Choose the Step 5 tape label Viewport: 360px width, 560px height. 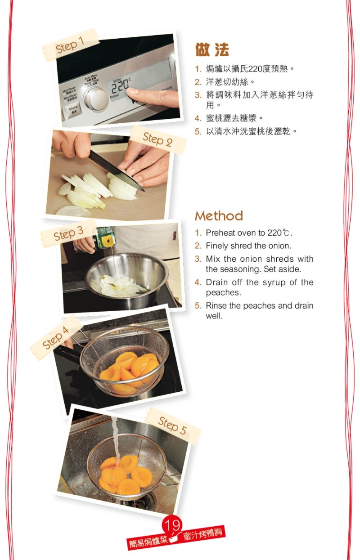coord(172,425)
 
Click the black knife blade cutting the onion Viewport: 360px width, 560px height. coord(112,169)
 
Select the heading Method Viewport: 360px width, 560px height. coord(219,216)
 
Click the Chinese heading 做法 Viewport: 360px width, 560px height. coord(212,50)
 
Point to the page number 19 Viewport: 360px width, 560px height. coord(172,525)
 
